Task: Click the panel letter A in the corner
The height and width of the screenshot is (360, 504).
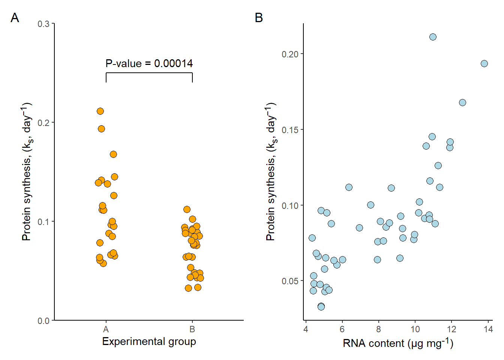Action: [15, 18]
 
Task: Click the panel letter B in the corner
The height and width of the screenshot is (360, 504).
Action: [259, 18]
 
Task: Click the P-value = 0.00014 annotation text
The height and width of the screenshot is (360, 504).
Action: [149, 63]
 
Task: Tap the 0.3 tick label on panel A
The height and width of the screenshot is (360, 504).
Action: [43, 24]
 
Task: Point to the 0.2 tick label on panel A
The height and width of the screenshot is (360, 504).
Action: [43, 123]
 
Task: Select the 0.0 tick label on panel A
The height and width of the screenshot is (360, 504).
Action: [43, 321]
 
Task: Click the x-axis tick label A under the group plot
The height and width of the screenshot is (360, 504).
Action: [106, 330]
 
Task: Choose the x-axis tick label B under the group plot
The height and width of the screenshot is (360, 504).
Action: [192, 330]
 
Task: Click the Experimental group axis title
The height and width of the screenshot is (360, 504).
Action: [149, 342]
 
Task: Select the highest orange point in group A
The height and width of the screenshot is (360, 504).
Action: [100, 111]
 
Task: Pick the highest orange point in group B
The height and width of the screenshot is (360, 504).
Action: [187, 209]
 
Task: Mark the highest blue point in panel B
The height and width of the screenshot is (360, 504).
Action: [433, 37]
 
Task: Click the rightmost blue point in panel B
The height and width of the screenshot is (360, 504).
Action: [484, 63]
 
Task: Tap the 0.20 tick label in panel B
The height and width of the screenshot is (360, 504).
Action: [290, 54]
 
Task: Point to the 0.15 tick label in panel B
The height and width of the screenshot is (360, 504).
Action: [290, 130]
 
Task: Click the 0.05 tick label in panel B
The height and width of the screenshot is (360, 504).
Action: [290, 281]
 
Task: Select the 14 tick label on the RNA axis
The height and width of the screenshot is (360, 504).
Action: [488, 330]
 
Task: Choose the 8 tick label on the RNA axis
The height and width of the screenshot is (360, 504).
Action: [378, 330]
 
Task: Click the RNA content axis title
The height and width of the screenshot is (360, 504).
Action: [398, 343]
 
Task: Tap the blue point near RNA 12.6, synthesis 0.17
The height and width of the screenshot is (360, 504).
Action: [462, 102]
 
